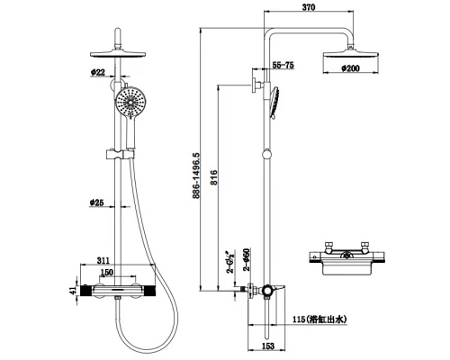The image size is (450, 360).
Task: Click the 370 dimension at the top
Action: pyautogui.click(x=309, y=7)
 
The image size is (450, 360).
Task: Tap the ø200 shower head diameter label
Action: pyautogui.click(x=350, y=68)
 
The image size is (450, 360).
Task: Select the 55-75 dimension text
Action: pyautogui.click(x=283, y=65)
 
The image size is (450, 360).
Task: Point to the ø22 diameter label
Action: pyautogui.click(x=98, y=72)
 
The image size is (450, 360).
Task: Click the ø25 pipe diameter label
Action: pyautogui.click(x=96, y=202)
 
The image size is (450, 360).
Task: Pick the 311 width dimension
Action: pyautogui.click(x=103, y=260)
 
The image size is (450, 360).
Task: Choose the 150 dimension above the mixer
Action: pyautogui.click(x=107, y=272)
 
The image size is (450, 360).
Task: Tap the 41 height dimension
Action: pyautogui.click(x=73, y=291)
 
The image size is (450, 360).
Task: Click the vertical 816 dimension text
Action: pyautogui.click(x=213, y=177)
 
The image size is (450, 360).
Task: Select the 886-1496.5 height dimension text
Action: pyautogui.click(x=196, y=175)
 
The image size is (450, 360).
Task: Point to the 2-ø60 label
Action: pyautogui.click(x=247, y=260)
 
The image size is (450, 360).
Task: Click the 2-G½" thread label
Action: pyautogui.click(x=231, y=262)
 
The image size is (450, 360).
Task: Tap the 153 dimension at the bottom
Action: pyautogui.click(x=268, y=346)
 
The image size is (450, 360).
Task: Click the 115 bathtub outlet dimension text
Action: pyautogui.click(x=319, y=319)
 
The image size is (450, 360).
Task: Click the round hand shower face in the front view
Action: pyautogui.click(x=130, y=102)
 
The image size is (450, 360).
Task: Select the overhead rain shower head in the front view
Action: pyautogui.click(x=118, y=54)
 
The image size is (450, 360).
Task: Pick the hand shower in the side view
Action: pyautogui.click(x=274, y=103)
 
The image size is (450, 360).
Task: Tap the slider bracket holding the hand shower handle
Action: pyautogui.click(x=121, y=155)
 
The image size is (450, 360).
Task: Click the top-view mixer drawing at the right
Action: pyautogui.click(x=346, y=258)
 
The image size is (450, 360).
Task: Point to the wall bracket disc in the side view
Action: pyautogui.click(x=255, y=85)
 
